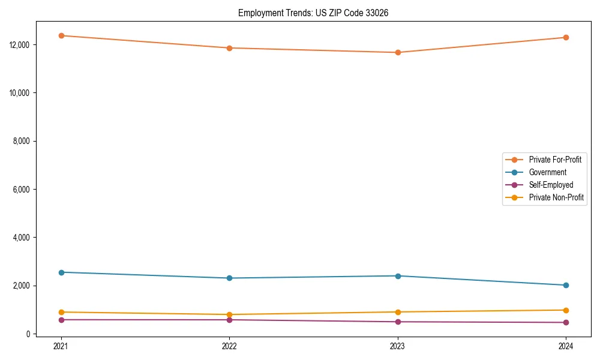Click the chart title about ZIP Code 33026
pos(313,13)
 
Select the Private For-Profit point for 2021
pos(61,35)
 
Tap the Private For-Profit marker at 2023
pos(397,52)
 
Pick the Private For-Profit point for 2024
pos(566,37)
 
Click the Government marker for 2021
pos(61,272)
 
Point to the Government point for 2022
pos(229,278)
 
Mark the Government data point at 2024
pos(566,285)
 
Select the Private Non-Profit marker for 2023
pos(397,312)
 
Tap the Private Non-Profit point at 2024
pos(566,310)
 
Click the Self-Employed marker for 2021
pos(61,320)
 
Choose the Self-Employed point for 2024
pos(566,322)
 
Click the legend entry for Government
pos(547,172)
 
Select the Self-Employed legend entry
pos(551,185)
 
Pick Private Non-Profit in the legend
pos(556,197)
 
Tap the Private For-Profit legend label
pos(555,160)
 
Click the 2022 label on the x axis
pos(229,346)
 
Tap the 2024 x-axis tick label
pos(566,346)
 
